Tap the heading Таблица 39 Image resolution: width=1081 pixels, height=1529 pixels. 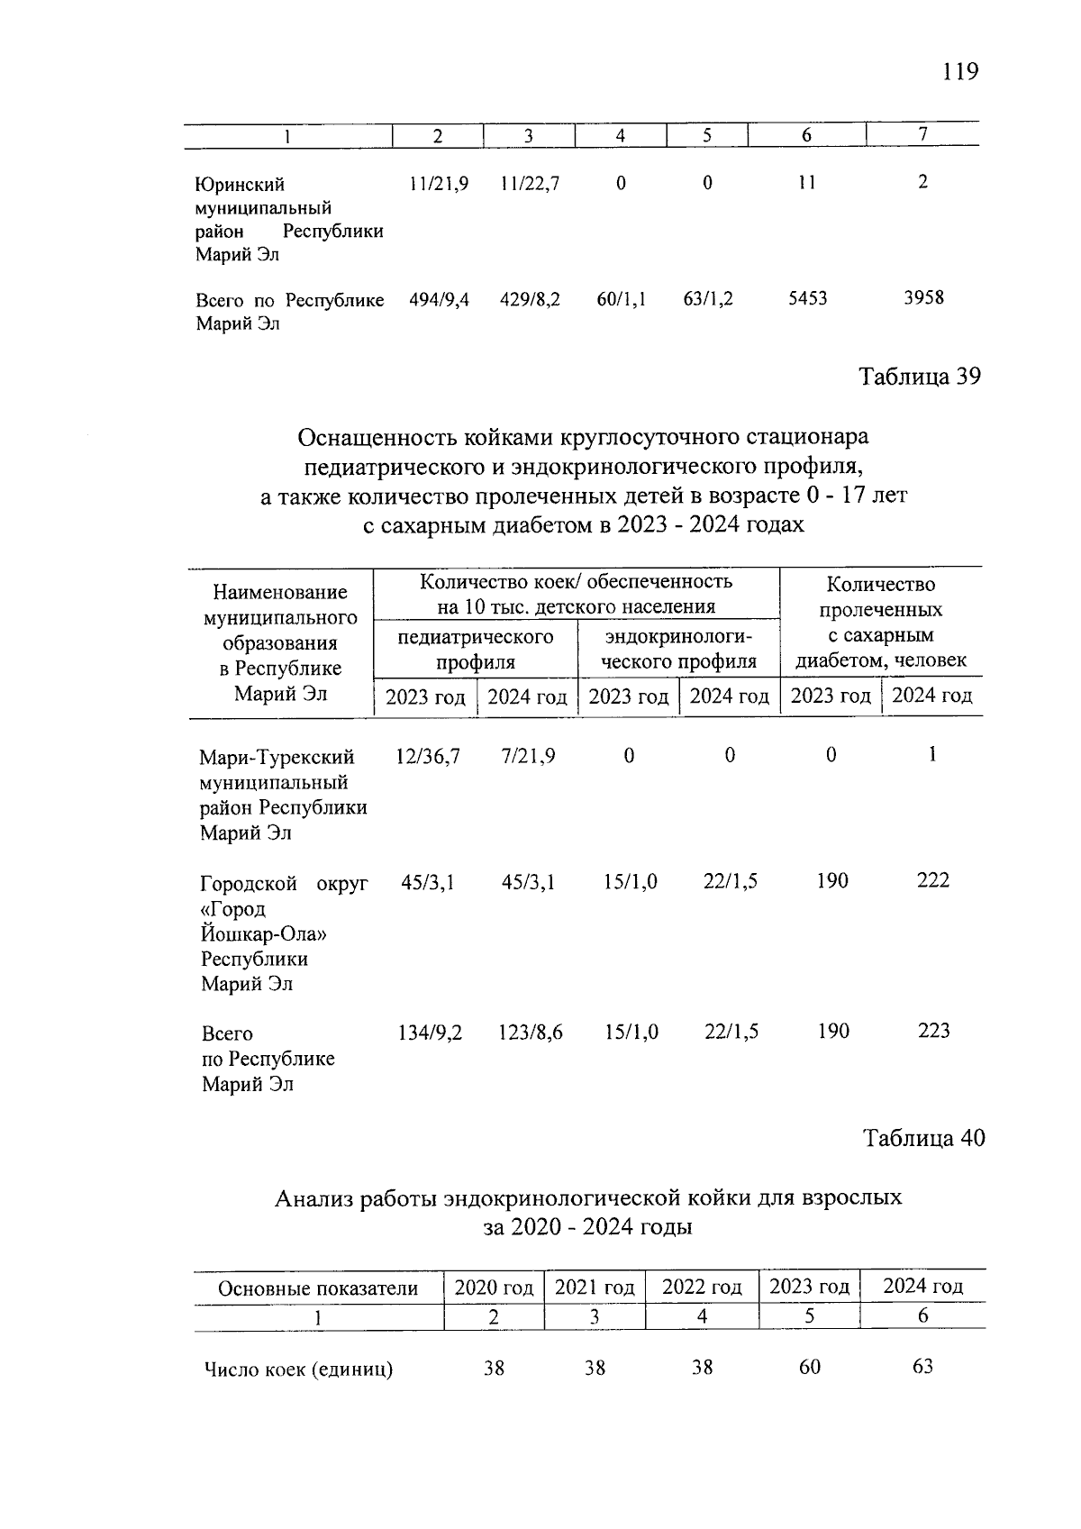[919, 377]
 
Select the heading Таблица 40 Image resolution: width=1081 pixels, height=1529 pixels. [924, 1139]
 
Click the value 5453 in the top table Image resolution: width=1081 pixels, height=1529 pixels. [807, 298]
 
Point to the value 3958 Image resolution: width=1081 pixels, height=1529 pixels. [923, 297]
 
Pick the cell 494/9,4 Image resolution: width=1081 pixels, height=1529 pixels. [439, 299]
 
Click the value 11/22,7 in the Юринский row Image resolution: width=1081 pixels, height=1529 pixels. [530, 184]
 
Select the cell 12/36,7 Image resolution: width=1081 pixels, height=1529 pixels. [428, 756]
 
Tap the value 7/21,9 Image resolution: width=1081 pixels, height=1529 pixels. [528, 756]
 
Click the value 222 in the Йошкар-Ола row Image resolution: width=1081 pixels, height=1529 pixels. [932, 880]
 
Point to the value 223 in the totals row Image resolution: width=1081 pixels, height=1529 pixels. [933, 1031]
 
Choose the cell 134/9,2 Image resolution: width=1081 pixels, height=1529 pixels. [430, 1033]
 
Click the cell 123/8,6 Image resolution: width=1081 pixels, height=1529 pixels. [531, 1033]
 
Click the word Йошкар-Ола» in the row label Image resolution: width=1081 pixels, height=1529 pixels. [263, 934]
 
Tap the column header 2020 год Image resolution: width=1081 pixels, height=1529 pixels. [494, 1288]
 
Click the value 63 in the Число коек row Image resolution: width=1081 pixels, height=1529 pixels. [922, 1367]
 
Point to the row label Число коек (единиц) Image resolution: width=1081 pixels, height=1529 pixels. [298, 1370]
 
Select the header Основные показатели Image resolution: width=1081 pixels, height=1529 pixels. [318, 1288]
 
